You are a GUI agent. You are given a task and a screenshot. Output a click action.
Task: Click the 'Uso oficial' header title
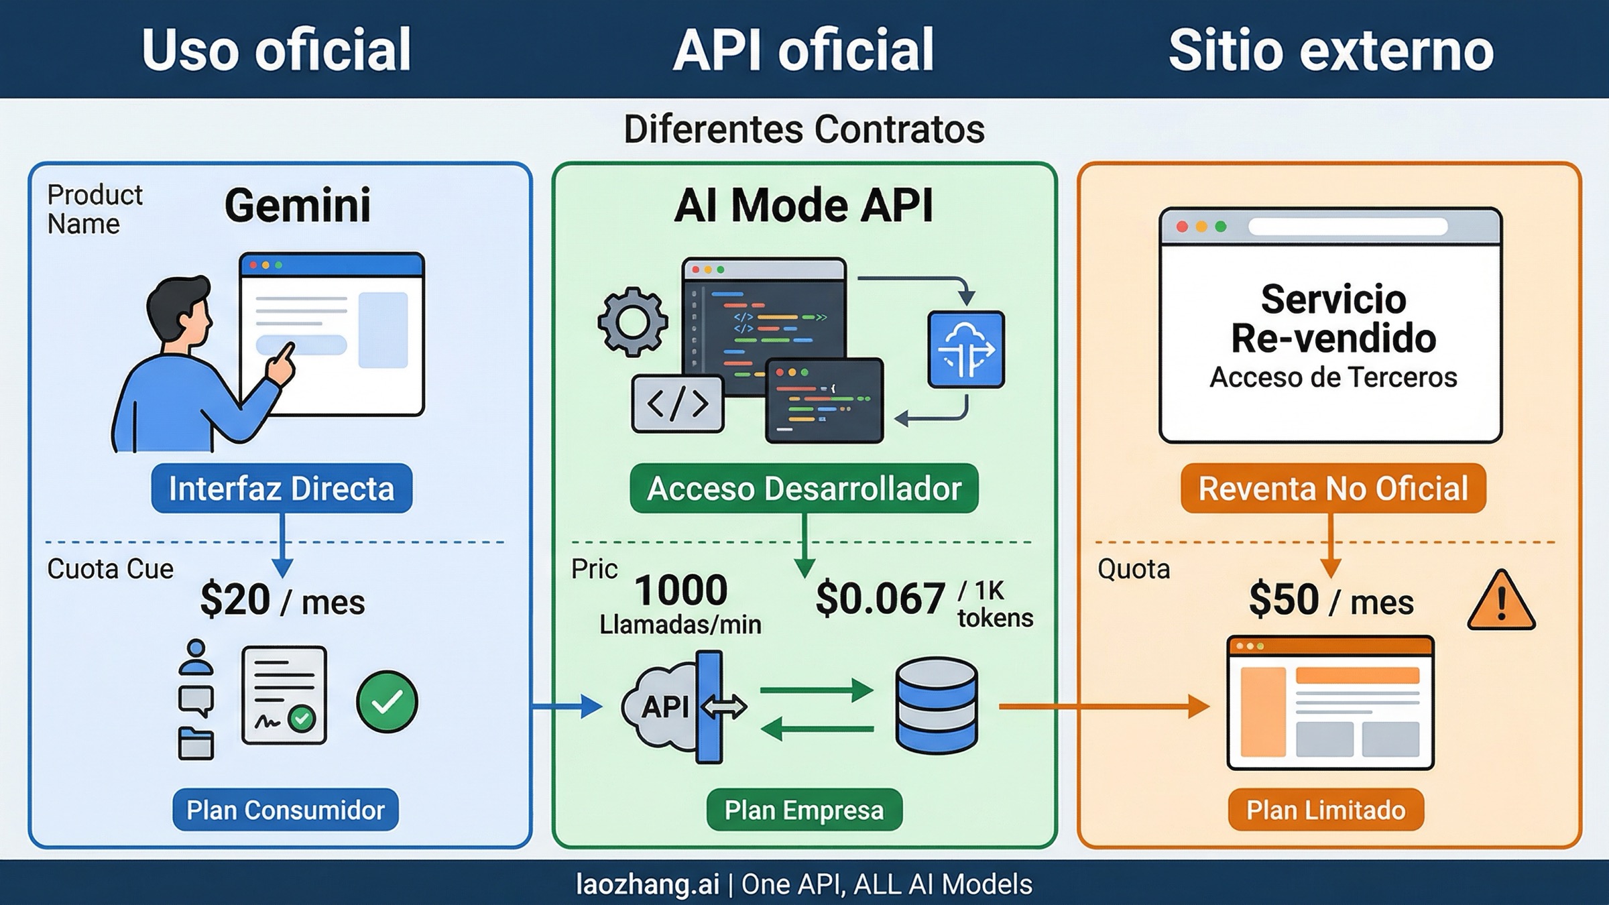click(276, 50)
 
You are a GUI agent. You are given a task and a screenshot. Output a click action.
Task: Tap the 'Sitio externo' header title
click(1331, 50)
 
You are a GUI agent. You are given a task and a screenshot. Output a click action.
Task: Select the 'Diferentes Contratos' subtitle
click(804, 129)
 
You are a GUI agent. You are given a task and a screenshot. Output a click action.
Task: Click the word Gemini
click(297, 205)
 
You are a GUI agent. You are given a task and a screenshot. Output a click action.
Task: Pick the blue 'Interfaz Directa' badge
click(282, 488)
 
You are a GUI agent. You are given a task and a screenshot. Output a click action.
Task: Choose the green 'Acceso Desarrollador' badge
click(804, 488)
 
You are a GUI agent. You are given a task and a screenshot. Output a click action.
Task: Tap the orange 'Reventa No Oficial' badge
click(1333, 488)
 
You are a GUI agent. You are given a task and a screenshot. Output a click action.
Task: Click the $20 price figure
click(235, 599)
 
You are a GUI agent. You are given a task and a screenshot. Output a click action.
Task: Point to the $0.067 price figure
click(880, 599)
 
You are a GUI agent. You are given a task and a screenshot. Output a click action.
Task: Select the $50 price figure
click(1284, 599)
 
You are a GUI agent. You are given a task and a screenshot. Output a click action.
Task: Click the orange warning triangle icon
click(1501, 602)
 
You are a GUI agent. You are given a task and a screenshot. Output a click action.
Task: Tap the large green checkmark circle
click(387, 701)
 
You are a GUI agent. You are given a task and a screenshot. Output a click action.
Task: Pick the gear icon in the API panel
click(632, 321)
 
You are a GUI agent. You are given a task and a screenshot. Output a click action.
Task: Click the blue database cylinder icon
click(936, 705)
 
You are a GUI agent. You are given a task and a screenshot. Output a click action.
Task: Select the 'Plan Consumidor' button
click(286, 810)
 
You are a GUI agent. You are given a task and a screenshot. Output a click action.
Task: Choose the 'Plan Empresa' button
click(804, 810)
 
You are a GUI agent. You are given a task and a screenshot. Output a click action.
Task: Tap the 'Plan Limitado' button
click(1325, 810)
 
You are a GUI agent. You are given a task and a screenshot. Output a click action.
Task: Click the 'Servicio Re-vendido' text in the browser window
click(1333, 318)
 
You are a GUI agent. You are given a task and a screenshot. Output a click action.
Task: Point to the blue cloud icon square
click(965, 349)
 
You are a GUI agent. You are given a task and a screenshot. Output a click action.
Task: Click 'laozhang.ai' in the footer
click(647, 884)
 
